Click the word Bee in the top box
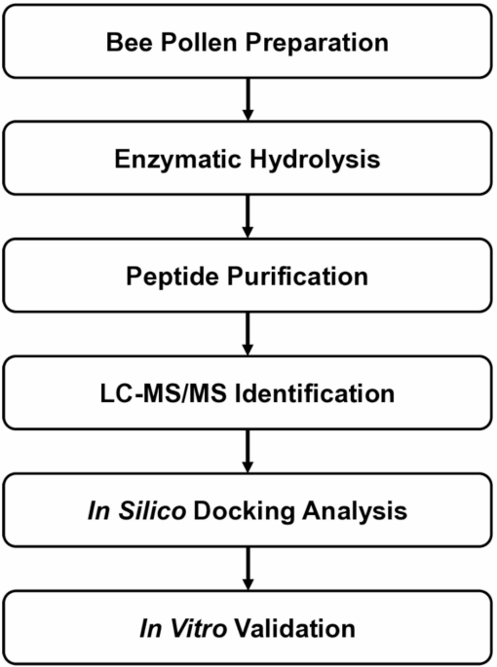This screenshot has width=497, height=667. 130,43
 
